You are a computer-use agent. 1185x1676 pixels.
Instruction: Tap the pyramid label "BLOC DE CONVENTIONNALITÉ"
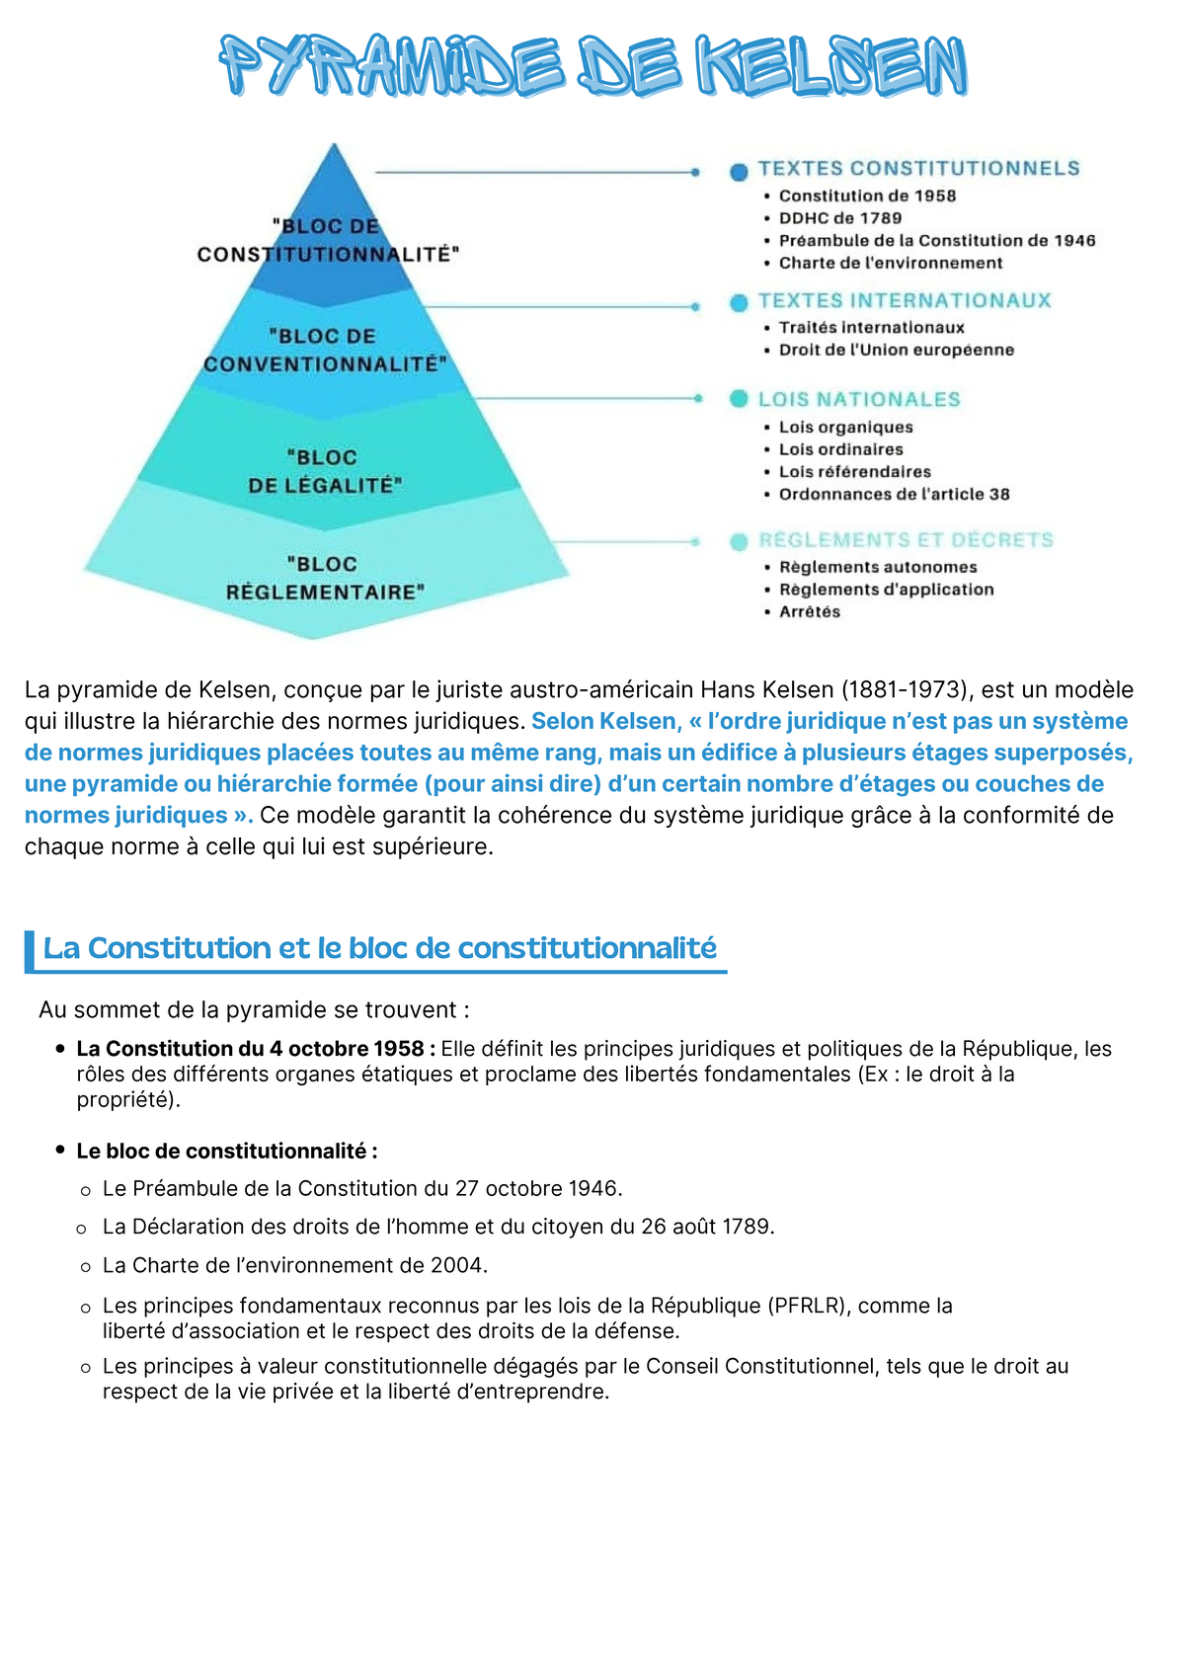pos(324,351)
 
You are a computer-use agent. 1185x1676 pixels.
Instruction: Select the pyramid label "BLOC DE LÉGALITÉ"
pos(324,471)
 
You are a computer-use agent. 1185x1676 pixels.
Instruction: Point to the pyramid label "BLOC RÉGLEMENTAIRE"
pos(324,578)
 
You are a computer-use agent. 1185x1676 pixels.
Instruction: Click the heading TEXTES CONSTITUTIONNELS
pos(918,169)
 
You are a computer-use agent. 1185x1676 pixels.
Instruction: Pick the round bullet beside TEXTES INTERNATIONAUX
pos(739,302)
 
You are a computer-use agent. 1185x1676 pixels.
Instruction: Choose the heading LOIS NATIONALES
pos(859,399)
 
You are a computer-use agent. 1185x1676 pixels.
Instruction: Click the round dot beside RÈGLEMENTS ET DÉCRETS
pos(739,541)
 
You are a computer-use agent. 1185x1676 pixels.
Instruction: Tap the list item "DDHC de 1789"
pos(840,218)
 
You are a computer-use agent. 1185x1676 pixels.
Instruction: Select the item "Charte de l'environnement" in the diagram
pos(890,263)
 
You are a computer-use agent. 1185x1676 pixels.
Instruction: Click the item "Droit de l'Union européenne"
pos(896,350)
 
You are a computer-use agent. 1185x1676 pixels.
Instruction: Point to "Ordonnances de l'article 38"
pos(894,494)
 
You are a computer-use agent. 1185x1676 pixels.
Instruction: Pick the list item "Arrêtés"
pos(810,611)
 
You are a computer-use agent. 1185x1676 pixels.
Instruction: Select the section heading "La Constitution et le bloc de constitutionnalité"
pos(379,948)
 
